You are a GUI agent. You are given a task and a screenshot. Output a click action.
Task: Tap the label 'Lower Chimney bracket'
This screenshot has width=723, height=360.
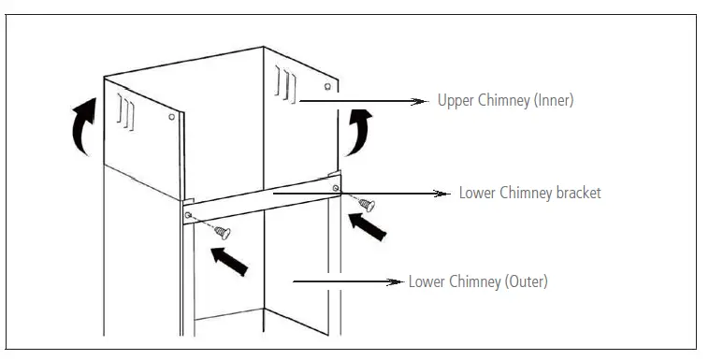click(x=529, y=194)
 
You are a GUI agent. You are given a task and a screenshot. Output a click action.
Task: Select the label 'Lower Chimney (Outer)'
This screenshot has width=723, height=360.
click(x=478, y=281)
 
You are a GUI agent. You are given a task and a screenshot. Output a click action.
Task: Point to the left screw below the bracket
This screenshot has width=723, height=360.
click(x=223, y=230)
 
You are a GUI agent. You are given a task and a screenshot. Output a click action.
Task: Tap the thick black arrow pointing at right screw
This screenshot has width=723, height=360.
click(x=369, y=228)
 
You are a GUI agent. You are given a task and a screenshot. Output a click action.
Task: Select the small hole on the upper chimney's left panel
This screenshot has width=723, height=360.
click(x=171, y=117)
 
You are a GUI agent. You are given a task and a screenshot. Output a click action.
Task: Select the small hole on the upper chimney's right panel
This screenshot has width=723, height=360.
click(x=325, y=86)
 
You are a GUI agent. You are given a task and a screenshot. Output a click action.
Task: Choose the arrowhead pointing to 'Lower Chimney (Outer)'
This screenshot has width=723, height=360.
click(x=397, y=281)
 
